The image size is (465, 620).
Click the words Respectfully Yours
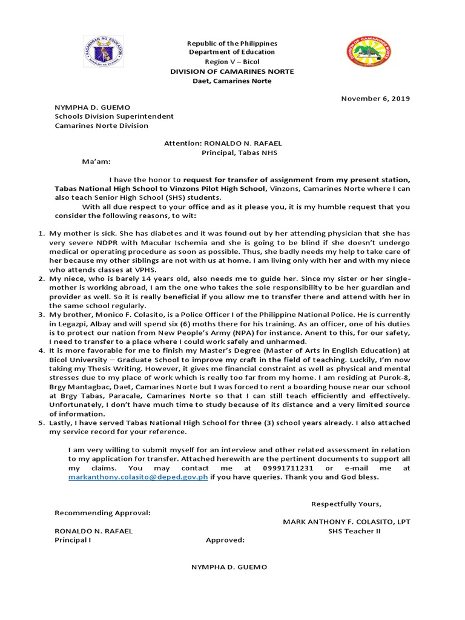click(346, 504)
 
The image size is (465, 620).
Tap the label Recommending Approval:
click(102, 513)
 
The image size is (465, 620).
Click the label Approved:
click(225, 540)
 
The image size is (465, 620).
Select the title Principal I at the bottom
click(73, 540)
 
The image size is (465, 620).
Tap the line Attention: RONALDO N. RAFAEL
click(223, 143)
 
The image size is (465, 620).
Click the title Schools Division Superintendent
click(114, 116)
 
